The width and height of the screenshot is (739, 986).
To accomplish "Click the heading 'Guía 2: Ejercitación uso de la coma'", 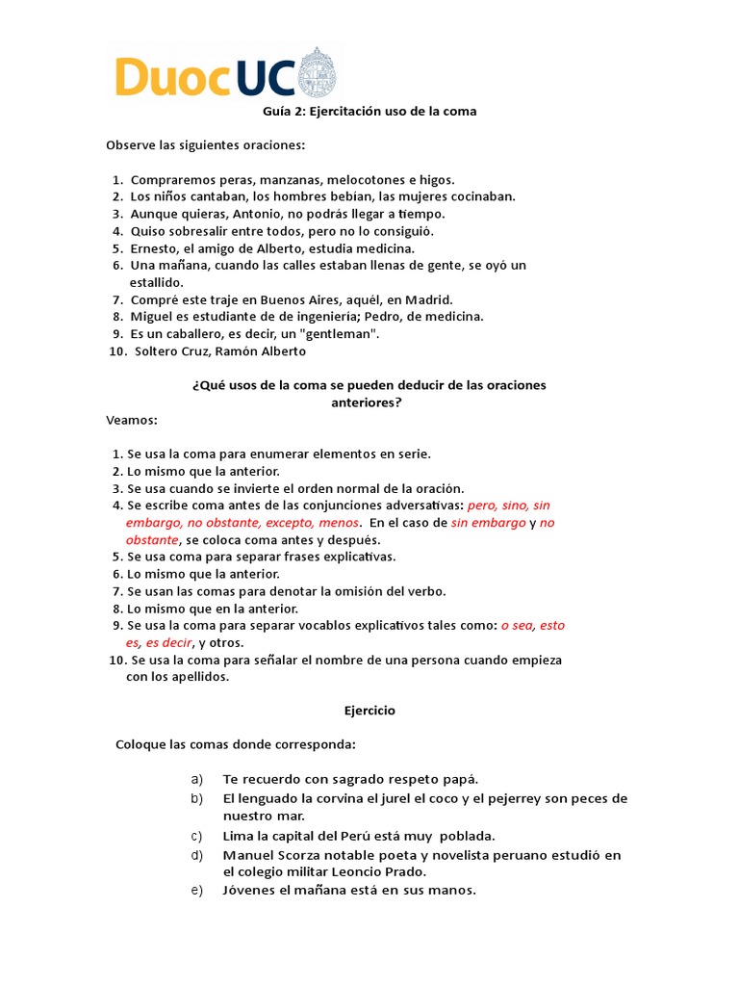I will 370,112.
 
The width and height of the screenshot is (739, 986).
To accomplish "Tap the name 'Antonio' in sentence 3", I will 256,214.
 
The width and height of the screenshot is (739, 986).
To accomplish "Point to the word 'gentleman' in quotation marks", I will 343,333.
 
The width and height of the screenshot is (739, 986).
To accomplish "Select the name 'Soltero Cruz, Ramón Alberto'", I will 220,350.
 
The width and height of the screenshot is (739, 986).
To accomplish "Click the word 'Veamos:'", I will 131,420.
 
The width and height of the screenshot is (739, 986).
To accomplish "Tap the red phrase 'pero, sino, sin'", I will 508,505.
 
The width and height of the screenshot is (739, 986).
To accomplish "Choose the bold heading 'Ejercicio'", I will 369,711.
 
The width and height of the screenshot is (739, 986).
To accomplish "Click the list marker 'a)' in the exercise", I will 197,779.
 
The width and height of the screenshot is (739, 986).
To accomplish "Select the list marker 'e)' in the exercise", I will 197,890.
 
